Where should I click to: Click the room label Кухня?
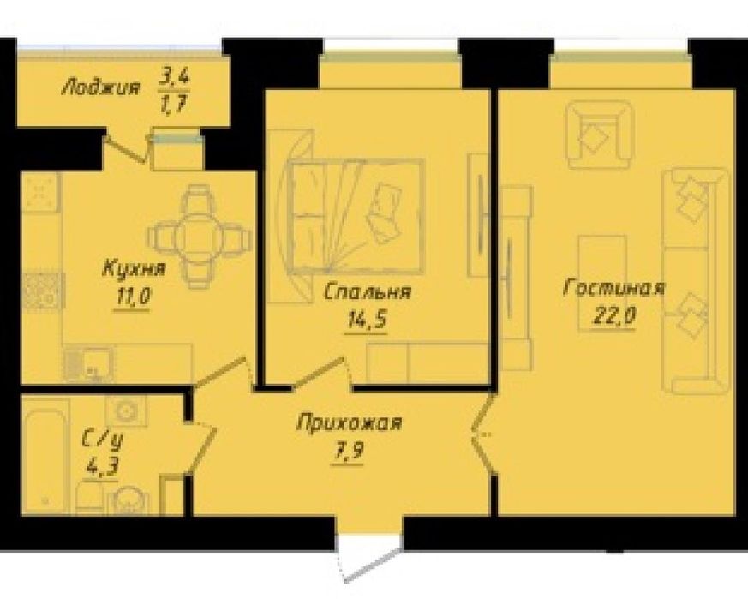tap(134, 269)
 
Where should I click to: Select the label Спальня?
tap(367, 291)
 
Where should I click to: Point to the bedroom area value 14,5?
tap(365, 320)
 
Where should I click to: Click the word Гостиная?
tap(614, 288)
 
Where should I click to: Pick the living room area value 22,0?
tap(614, 316)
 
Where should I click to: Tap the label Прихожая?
tap(350, 423)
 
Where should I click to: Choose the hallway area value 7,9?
tap(348, 451)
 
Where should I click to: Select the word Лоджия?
tap(101, 87)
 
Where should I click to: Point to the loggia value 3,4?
tap(174, 75)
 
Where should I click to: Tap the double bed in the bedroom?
tap(356, 217)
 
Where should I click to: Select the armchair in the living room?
tap(599, 135)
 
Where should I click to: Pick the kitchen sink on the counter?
tap(89, 363)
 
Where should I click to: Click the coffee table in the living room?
tap(602, 283)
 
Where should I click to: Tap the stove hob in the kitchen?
tap(43, 291)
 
